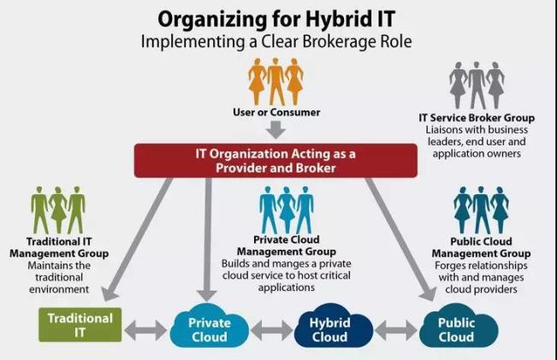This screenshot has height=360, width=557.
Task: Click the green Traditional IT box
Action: (x=80, y=325)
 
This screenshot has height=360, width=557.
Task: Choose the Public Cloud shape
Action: (x=456, y=329)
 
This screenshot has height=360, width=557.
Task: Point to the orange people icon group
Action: (x=276, y=81)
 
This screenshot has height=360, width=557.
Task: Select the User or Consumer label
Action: (x=275, y=112)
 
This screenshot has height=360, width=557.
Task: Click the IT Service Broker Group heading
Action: (x=477, y=116)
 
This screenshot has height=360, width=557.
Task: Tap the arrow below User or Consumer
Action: (x=275, y=130)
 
